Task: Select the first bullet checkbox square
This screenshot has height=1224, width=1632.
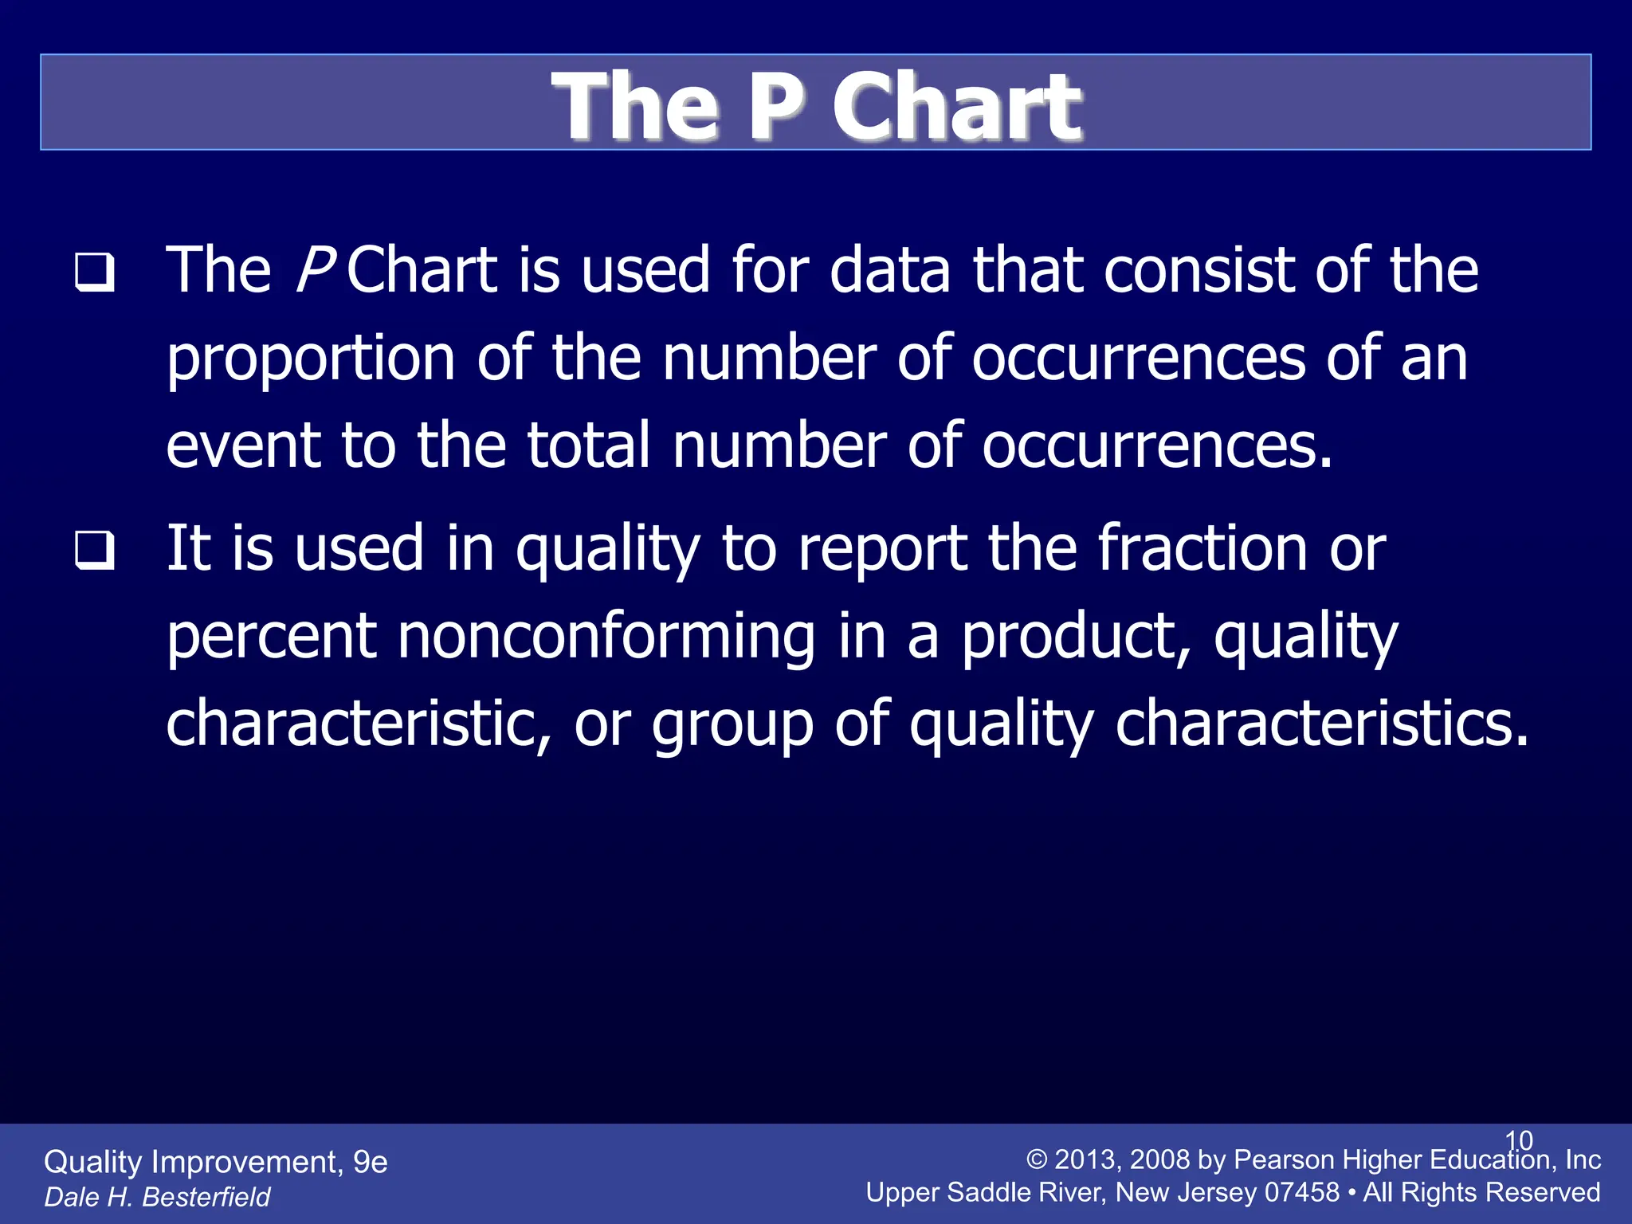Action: point(95,273)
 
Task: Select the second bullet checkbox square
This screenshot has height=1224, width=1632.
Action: point(95,551)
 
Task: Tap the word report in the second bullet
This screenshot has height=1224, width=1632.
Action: point(882,550)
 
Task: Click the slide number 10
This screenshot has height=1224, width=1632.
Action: point(1519,1140)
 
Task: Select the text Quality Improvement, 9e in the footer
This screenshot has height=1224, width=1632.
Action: point(215,1162)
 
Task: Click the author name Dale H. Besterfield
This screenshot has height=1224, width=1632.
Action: point(157,1197)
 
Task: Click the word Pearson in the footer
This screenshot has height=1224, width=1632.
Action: point(1284,1159)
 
